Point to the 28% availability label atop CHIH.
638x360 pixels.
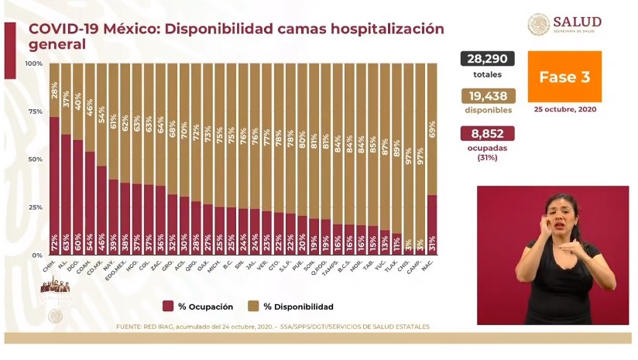[54, 92]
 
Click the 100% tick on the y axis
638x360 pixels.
[34, 63]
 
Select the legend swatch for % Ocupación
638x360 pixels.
[168, 307]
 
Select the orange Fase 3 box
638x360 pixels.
[564, 77]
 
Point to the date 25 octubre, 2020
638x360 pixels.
[564, 110]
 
